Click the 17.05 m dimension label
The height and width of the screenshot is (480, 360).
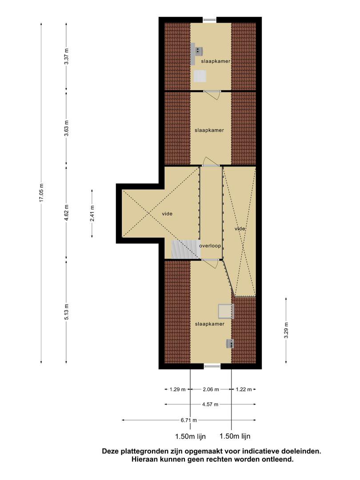coord(42,192)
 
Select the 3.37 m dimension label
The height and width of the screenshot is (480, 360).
coord(66,56)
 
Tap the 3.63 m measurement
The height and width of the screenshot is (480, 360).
coord(66,128)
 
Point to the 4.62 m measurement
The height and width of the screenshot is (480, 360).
coord(66,212)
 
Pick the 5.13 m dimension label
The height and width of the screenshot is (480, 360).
coord(66,312)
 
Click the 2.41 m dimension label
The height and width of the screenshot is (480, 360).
coord(92,213)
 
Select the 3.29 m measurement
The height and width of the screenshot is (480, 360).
coord(286,330)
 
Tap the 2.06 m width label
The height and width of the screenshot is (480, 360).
coord(211,389)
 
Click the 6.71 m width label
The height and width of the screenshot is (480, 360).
coord(188,420)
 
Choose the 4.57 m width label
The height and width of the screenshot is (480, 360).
coord(210,404)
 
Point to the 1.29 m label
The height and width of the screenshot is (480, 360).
coord(177,389)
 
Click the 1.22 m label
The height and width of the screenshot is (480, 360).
coord(244,389)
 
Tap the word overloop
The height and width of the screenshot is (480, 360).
coord(210,245)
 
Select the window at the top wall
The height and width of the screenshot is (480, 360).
coord(210,20)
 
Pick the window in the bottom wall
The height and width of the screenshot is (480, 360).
coord(212,366)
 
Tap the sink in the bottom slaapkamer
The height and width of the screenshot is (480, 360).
coord(230,344)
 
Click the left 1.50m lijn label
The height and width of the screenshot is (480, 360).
coord(190,436)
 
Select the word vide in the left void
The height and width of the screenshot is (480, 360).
coord(167,214)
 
